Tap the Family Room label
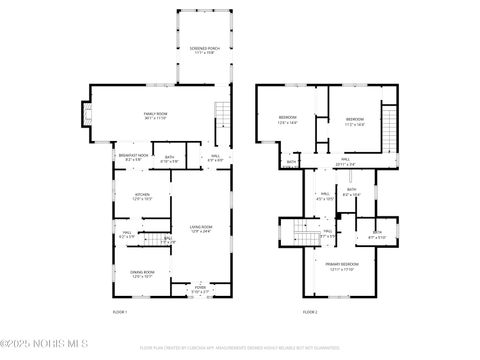pyautogui.click(x=155, y=117)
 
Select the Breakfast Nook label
pyautogui.click(x=134, y=157)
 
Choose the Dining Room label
pyautogui.click(x=141, y=274)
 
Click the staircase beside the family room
pyautogui.click(x=223, y=120)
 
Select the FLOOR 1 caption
pyautogui.click(x=121, y=313)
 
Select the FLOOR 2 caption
pyautogui.click(x=310, y=313)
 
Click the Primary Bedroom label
pyautogui.click(x=343, y=266)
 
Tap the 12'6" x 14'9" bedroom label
pyautogui.click(x=288, y=121)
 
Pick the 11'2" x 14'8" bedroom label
pyautogui.click(x=355, y=123)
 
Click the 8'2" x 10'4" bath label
pyautogui.click(x=352, y=192)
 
